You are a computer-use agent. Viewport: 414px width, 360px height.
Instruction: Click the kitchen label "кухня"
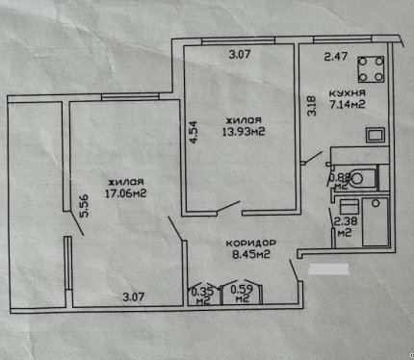pos(348,93)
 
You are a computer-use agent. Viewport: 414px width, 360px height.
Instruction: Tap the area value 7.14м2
pos(348,105)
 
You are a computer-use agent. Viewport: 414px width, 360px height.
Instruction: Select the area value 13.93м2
pos(244,132)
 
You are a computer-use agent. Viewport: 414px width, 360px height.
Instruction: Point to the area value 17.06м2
pos(126,193)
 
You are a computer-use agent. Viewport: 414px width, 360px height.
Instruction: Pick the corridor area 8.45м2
pos(250,254)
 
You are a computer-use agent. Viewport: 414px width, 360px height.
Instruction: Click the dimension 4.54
pos(193,132)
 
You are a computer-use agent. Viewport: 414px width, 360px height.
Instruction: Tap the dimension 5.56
pos(85,206)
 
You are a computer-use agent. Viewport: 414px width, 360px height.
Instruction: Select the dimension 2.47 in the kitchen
pos(336,57)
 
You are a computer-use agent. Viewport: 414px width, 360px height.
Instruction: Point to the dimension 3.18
pos(312,106)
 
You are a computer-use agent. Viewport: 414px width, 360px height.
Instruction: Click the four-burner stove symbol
pos(371,69)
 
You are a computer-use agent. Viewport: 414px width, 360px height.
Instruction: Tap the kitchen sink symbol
pos(375,135)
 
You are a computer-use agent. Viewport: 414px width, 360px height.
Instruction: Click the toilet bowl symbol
pos(362,178)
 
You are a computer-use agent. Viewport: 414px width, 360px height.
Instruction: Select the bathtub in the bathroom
pos(375,222)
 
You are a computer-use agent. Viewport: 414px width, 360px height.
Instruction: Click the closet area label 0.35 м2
pos(200,296)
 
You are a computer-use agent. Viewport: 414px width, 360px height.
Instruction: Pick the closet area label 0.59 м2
pos(242,294)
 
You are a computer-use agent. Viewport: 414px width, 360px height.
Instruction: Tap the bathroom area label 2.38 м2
pos(345,226)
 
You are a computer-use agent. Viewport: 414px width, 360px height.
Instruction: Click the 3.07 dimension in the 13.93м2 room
pos(240,54)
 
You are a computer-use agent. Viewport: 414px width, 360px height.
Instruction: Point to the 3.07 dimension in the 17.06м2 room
pos(134,296)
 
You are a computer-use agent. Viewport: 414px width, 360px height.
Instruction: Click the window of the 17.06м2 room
pos(130,96)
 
